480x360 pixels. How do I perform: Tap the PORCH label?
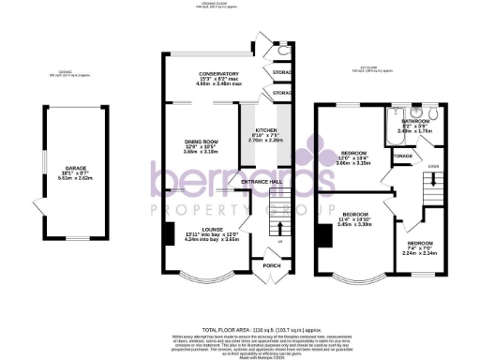pos(271,265)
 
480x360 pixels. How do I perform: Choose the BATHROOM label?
pos(415,120)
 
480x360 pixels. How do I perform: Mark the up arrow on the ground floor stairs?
pos(278,243)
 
